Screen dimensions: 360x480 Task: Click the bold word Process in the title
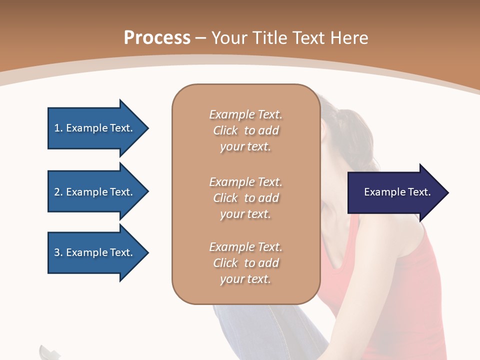click(x=157, y=38)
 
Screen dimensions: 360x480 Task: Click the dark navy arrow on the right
click(x=395, y=192)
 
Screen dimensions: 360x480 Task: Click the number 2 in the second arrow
click(x=56, y=192)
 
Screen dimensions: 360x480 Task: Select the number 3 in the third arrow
click(x=56, y=252)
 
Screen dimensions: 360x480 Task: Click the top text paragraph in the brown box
click(x=245, y=130)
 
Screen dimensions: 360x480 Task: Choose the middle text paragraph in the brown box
click(x=245, y=198)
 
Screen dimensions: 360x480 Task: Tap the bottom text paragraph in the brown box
click(x=245, y=263)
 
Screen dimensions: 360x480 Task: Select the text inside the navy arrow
click(x=397, y=192)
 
